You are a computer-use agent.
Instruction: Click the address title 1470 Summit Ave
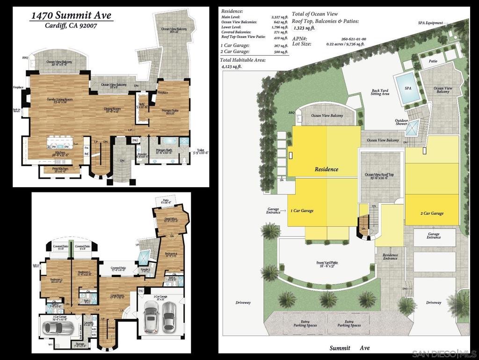(x=71, y=15)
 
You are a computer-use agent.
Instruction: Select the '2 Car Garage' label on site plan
(x=431, y=213)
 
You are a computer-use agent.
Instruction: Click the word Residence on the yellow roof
(x=326, y=169)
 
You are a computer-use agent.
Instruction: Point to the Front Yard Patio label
(x=327, y=264)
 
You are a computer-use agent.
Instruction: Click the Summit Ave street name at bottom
(x=349, y=348)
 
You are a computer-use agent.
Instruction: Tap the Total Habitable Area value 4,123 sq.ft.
(x=232, y=67)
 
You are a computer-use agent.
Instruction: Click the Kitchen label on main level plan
(x=60, y=153)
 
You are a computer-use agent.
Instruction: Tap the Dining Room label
(x=112, y=110)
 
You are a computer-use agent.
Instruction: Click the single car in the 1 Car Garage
(x=58, y=326)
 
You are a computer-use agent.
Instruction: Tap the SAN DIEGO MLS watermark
(x=444, y=353)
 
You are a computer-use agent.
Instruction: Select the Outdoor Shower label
(x=401, y=123)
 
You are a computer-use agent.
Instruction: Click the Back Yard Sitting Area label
(x=380, y=92)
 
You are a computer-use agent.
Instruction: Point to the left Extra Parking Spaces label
(x=305, y=323)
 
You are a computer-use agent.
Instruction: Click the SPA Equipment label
(x=429, y=22)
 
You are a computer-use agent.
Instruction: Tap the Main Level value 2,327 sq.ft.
(x=279, y=17)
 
